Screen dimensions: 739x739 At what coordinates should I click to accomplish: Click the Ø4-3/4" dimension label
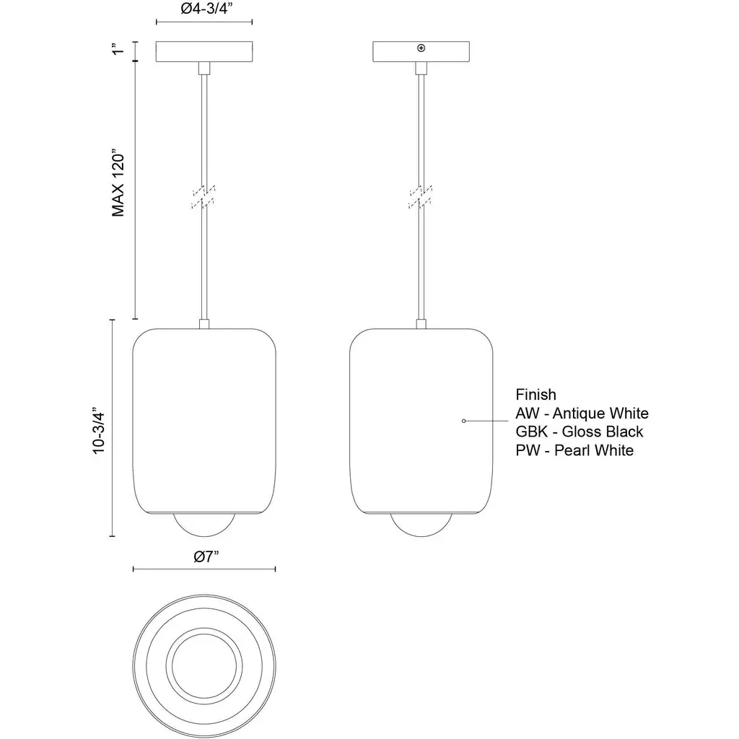(207, 9)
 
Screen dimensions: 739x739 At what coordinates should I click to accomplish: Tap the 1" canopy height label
(118, 48)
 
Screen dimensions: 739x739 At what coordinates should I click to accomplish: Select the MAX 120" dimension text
(118, 184)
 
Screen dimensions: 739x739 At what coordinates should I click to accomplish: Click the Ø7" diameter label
(206, 556)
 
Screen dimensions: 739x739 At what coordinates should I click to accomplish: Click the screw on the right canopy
(421, 48)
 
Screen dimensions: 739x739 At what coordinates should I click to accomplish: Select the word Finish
(536, 395)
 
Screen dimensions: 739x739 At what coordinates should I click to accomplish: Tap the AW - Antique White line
(582, 414)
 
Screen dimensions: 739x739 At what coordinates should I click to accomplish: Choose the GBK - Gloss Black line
(580, 432)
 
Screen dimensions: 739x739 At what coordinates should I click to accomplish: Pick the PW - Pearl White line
(574, 450)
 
